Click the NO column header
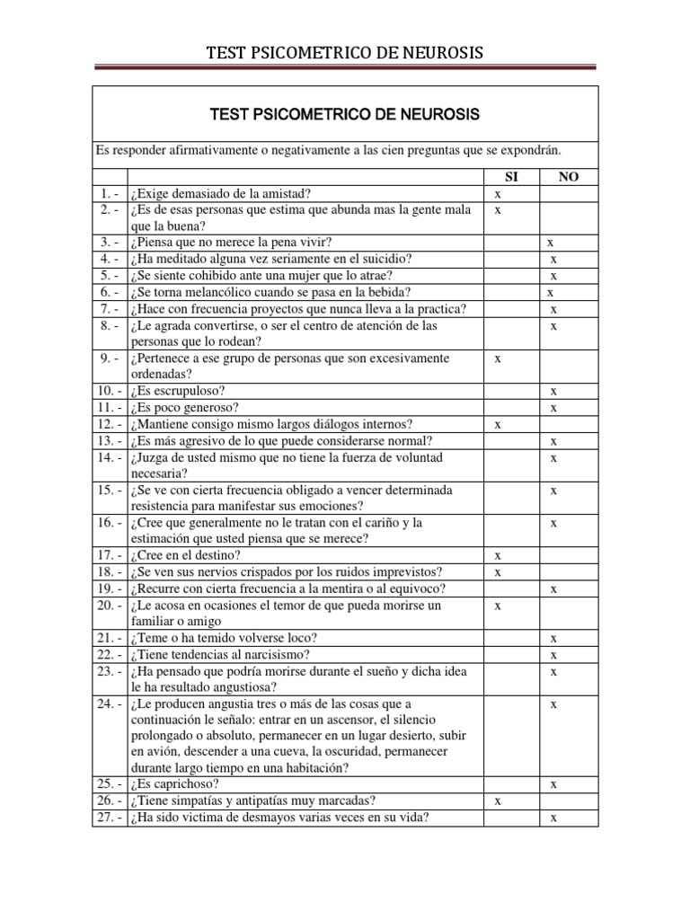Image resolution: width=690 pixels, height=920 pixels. pyautogui.click(x=569, y=177)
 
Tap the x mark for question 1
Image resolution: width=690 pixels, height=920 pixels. pyautogui.click(x=498, y=193)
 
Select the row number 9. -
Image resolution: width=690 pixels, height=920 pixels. pyautogui.click(x=108, y=358)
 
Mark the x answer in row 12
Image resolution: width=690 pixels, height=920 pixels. pyautogui.click(x=498, y=424)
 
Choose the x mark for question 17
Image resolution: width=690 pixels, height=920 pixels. pyautogui.click(x=498, y=556)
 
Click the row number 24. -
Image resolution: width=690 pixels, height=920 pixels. pyautogui.click(x=108, y=704)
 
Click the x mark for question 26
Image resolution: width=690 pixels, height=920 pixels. pyautogui.click(x=498, y=801)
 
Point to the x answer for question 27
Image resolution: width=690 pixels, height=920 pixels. pyautogui.click(x=554, y=818)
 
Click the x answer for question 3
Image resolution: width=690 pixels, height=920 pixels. pyautogui.click(x=551, y=243)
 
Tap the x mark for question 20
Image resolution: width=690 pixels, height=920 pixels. pyautogui.click(x=498, y=606)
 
